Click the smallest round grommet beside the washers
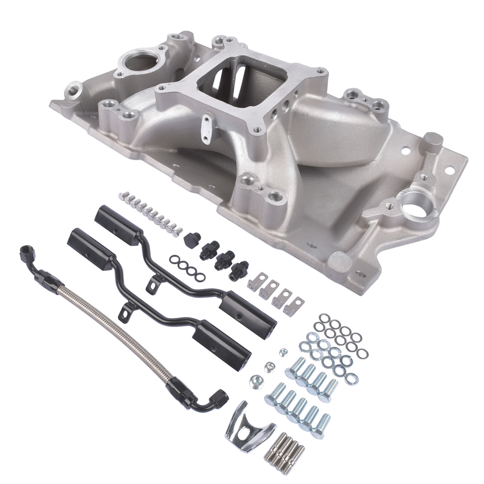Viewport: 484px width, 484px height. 283,351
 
